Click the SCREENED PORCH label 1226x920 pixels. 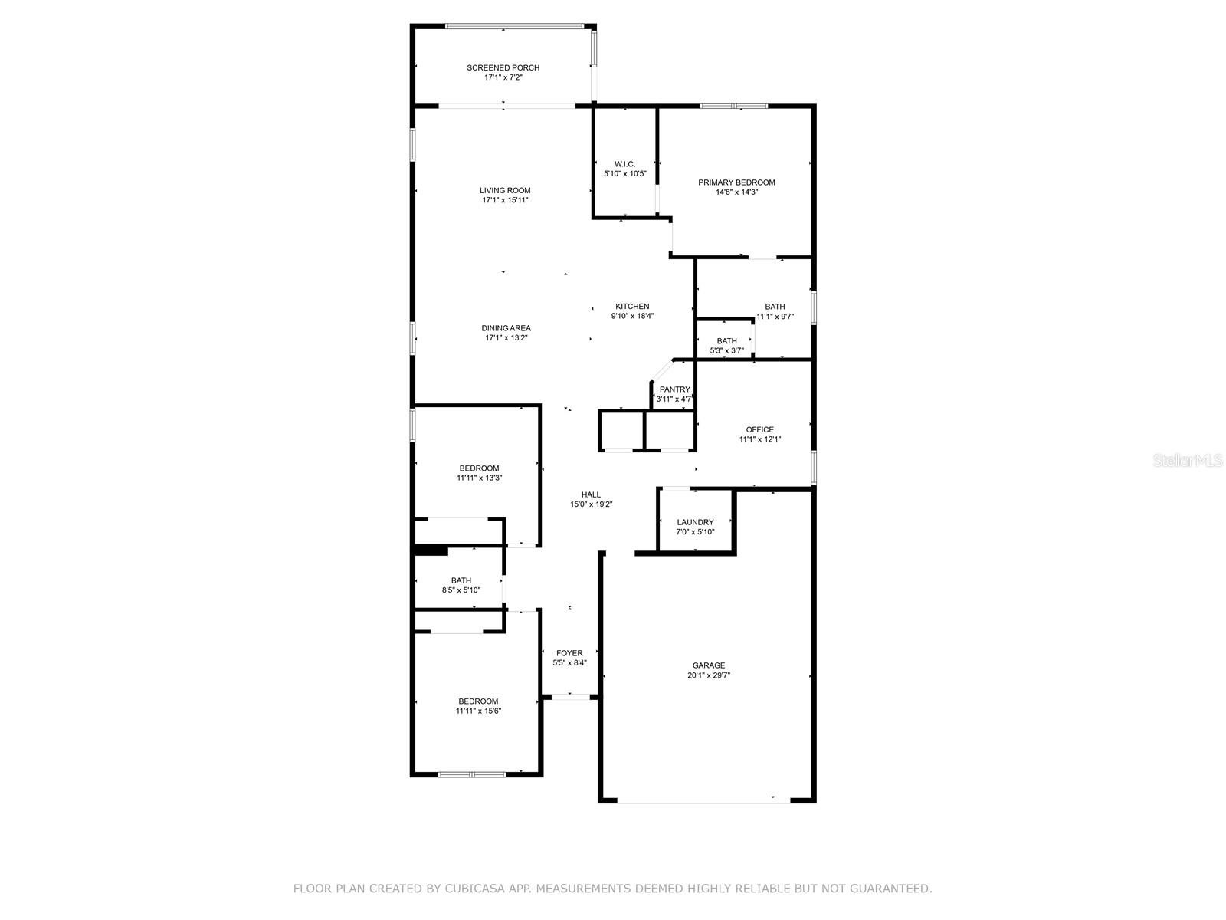click(x=503, y=67)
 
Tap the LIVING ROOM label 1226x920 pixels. click(x=505, y=190)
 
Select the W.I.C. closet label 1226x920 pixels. click(x=624, y=164)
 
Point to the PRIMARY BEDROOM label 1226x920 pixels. click(x=736, y=182)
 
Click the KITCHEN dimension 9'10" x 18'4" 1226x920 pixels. click(x=631, y=316)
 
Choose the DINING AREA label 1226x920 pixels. click(x=506, y=328)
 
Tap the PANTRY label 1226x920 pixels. click(x=675, y=390)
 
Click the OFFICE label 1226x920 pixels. click(x=759, y=430)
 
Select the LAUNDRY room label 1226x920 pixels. click(x=695, y=523)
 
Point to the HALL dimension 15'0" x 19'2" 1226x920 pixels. click(x=591, y=504)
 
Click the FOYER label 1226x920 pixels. click(x=569, y=653)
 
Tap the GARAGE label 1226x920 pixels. click(x=708, y=665)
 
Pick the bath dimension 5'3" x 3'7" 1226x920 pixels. click(x=726, y=351)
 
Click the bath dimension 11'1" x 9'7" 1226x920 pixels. click(x=775, y=317)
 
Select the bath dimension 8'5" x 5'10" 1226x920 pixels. click(x=461, y=590)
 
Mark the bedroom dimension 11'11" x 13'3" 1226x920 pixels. click(x=479, y=478)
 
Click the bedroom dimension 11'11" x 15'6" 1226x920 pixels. click(x=478, y=711)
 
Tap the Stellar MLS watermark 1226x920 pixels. click(x=1188, y=460)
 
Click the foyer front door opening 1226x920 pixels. click(x=570, y=697)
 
